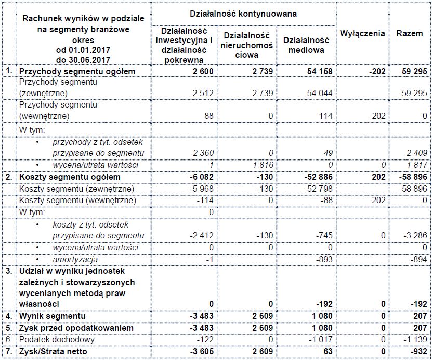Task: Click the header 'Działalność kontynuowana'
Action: coord(244,14)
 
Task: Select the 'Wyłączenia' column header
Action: coord(362,34)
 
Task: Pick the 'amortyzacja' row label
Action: coord(75,259)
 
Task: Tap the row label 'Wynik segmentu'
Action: coord(52,316)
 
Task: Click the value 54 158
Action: coord(317,71)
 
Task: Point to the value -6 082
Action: coord(200,177)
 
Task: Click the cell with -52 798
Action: coord(316,189)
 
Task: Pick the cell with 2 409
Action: coord(415,153)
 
